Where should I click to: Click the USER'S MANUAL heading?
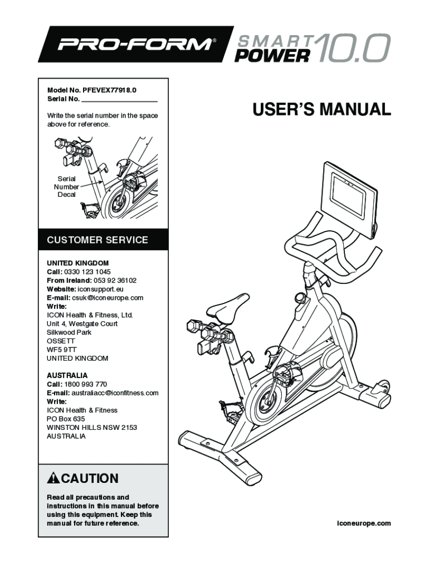point(321,109)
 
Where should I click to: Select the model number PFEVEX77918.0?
point(110,90)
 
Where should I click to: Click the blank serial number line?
point(119,101)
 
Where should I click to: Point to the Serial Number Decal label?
point(67,186)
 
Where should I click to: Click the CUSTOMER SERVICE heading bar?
point(103,240)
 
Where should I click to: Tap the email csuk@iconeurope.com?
point(108,298)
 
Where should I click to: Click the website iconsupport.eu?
point(101,289)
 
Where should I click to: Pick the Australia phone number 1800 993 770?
point(85,384)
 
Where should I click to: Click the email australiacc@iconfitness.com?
point(115,393)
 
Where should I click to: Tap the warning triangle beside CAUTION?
point(53,478)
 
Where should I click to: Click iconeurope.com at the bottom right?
point(364,523)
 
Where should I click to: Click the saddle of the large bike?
point(228,307)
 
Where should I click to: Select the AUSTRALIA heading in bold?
point(67,375)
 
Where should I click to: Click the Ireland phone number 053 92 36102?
point(115,280)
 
